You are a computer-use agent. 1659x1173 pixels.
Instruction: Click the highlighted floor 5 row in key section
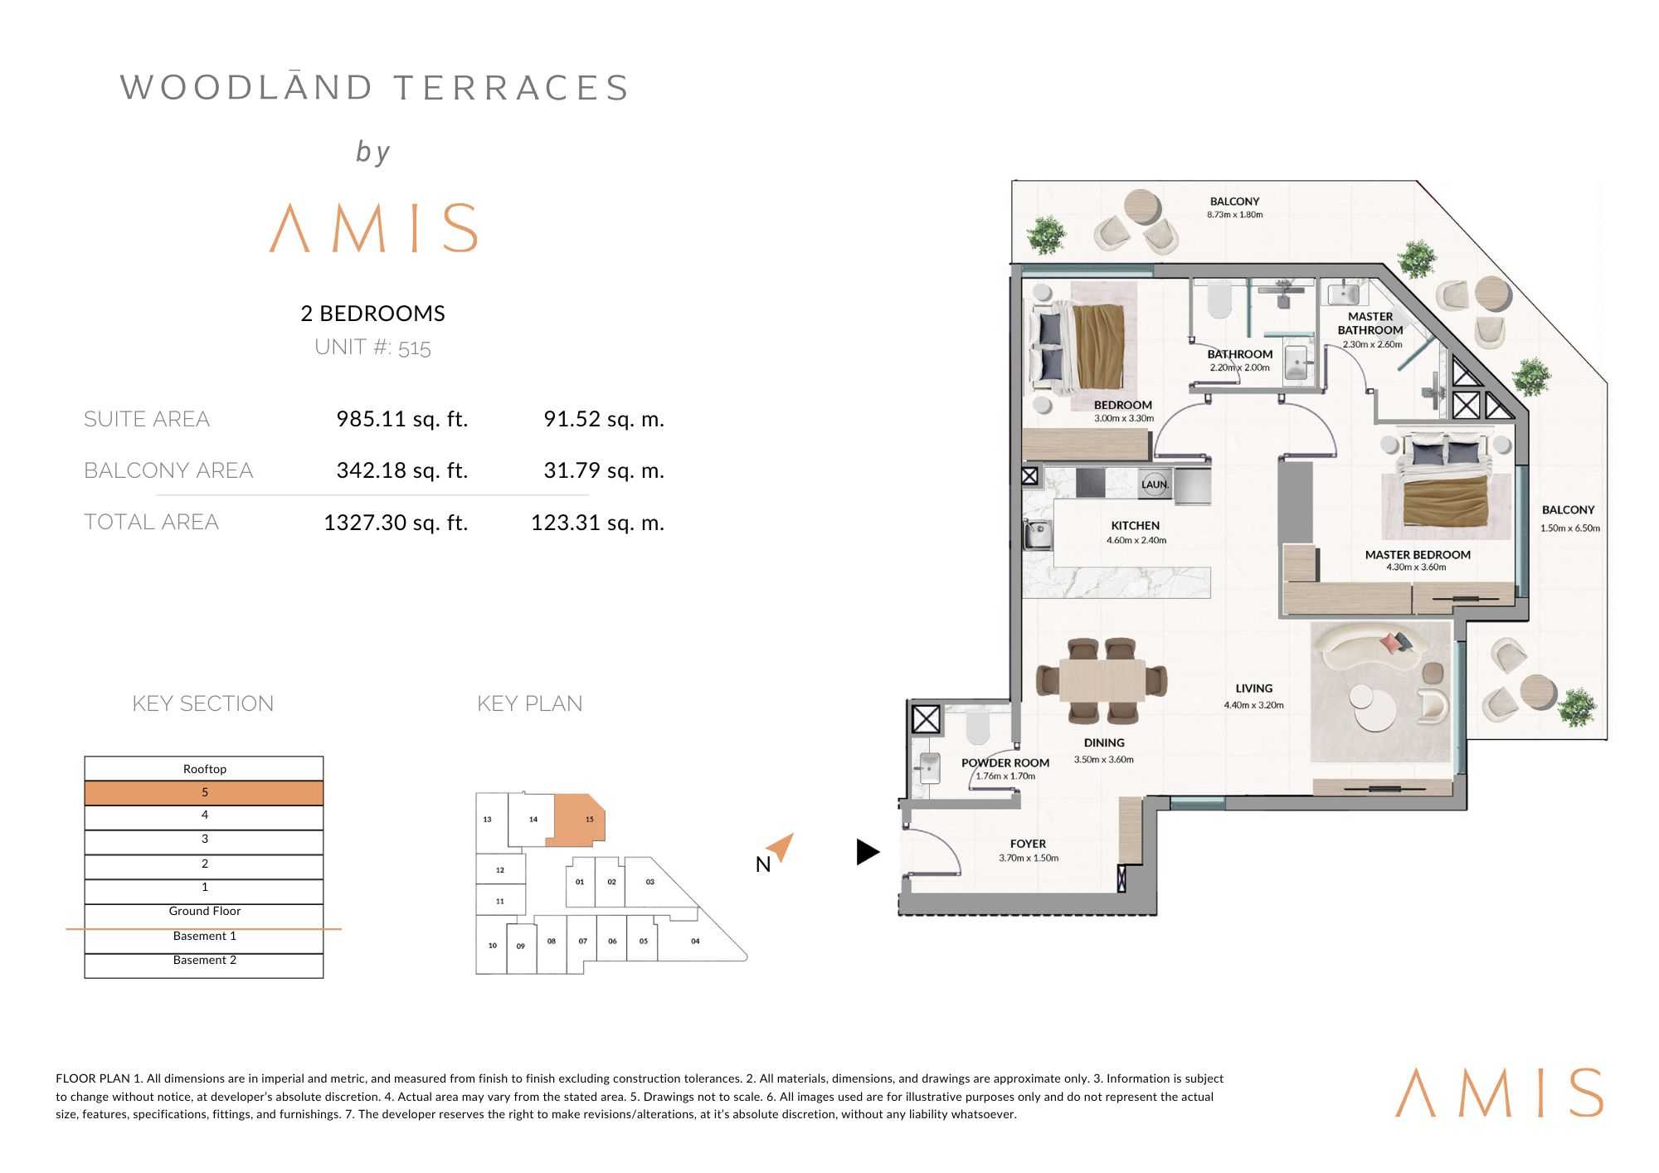204,793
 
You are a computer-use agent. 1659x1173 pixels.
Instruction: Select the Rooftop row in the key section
204,769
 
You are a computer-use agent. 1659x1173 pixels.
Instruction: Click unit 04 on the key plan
695,941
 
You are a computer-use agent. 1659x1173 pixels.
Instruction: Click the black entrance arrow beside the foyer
868,852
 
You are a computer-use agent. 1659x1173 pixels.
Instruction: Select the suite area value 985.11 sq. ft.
402,419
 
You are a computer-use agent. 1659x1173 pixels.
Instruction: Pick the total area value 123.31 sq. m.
597,523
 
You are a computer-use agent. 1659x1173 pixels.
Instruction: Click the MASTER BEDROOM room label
1418,555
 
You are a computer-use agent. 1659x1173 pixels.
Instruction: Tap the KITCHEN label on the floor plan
1136,526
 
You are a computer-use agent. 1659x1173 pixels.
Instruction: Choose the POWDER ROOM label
1005,763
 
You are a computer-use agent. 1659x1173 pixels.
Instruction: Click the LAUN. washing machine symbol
1155,484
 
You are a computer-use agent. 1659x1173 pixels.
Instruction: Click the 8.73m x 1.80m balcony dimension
1234,215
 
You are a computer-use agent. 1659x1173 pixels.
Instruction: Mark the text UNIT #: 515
372,347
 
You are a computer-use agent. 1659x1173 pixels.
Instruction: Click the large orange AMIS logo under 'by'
374,227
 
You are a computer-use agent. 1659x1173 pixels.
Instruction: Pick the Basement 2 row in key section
204,961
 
